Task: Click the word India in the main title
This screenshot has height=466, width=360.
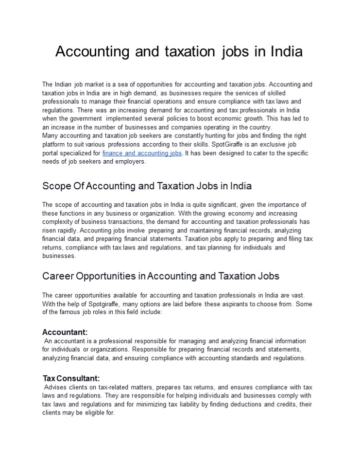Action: click(283, 51)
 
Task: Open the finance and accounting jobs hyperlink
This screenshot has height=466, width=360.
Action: click(142, 153)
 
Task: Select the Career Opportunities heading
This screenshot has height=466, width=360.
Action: click(161, 276)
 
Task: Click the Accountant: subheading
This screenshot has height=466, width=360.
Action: click(65, 332)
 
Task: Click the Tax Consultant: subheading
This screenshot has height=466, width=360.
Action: click(71, 378)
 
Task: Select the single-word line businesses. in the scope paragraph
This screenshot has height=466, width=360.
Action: click(59, 256)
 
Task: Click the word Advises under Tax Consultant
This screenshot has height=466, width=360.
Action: click(57, 387)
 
